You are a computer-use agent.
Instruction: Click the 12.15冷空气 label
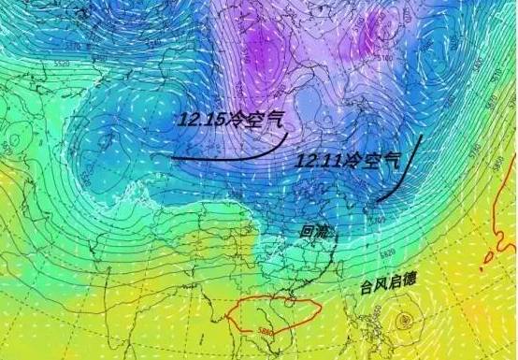point(228,121)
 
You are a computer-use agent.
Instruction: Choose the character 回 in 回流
point(306,228)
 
